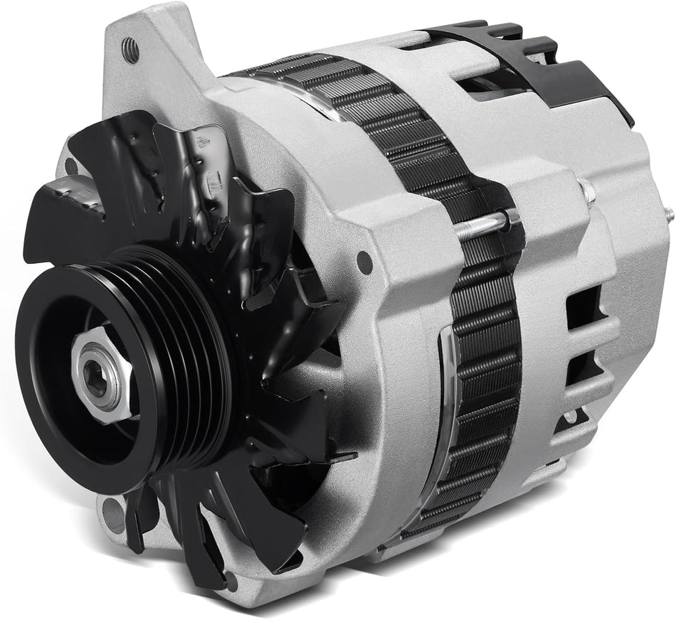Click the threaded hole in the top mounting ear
click(130, 50)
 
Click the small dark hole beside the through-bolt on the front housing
click(365, 262)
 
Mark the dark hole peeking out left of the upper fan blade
click(71, 166)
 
